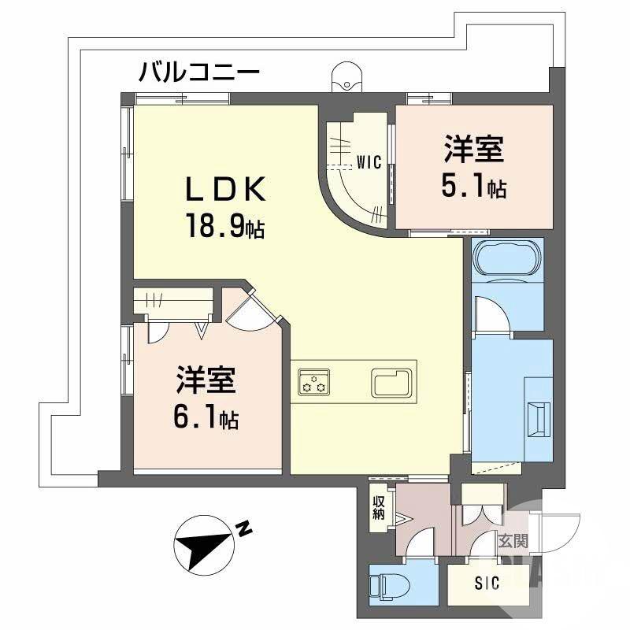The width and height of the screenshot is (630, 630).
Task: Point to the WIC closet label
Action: [369, 163]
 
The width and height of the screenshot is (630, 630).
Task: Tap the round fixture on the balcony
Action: [347, 76]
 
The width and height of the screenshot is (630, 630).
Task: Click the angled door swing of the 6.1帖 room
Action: [250, 308]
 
